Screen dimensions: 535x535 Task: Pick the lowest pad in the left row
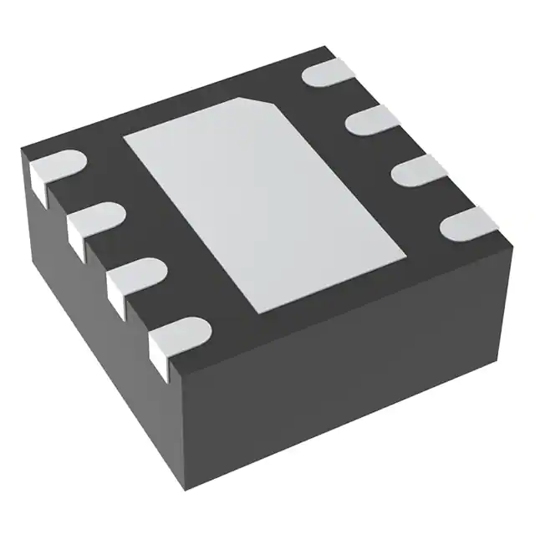[177, 329]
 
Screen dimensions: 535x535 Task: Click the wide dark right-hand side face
[351, 376]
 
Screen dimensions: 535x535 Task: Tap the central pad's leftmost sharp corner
[124, 135]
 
